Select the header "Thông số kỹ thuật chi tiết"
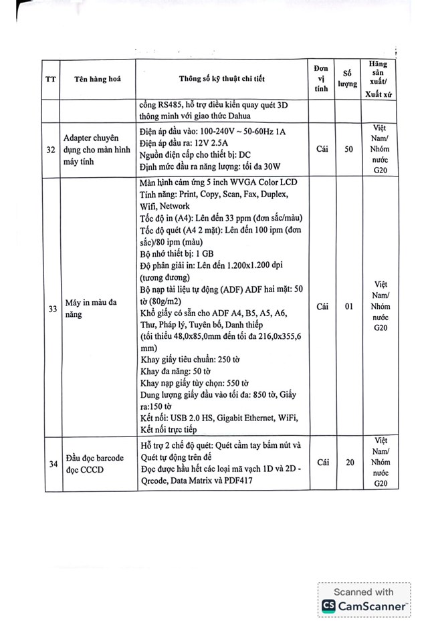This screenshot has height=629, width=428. pyautogui.click(x=221, y=78)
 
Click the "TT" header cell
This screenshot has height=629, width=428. pyautogui.click(x=51, y=78)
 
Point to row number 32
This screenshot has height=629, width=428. pyautogui.click(x=51, y=150)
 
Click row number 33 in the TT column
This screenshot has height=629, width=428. pyautogui.click(x=51, y=308)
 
